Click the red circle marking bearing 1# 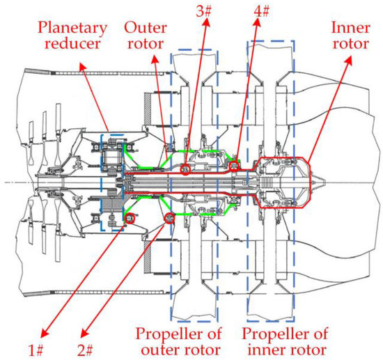coord(128,219)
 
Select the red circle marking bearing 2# coord(169,219)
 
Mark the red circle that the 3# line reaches coord(185,169)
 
